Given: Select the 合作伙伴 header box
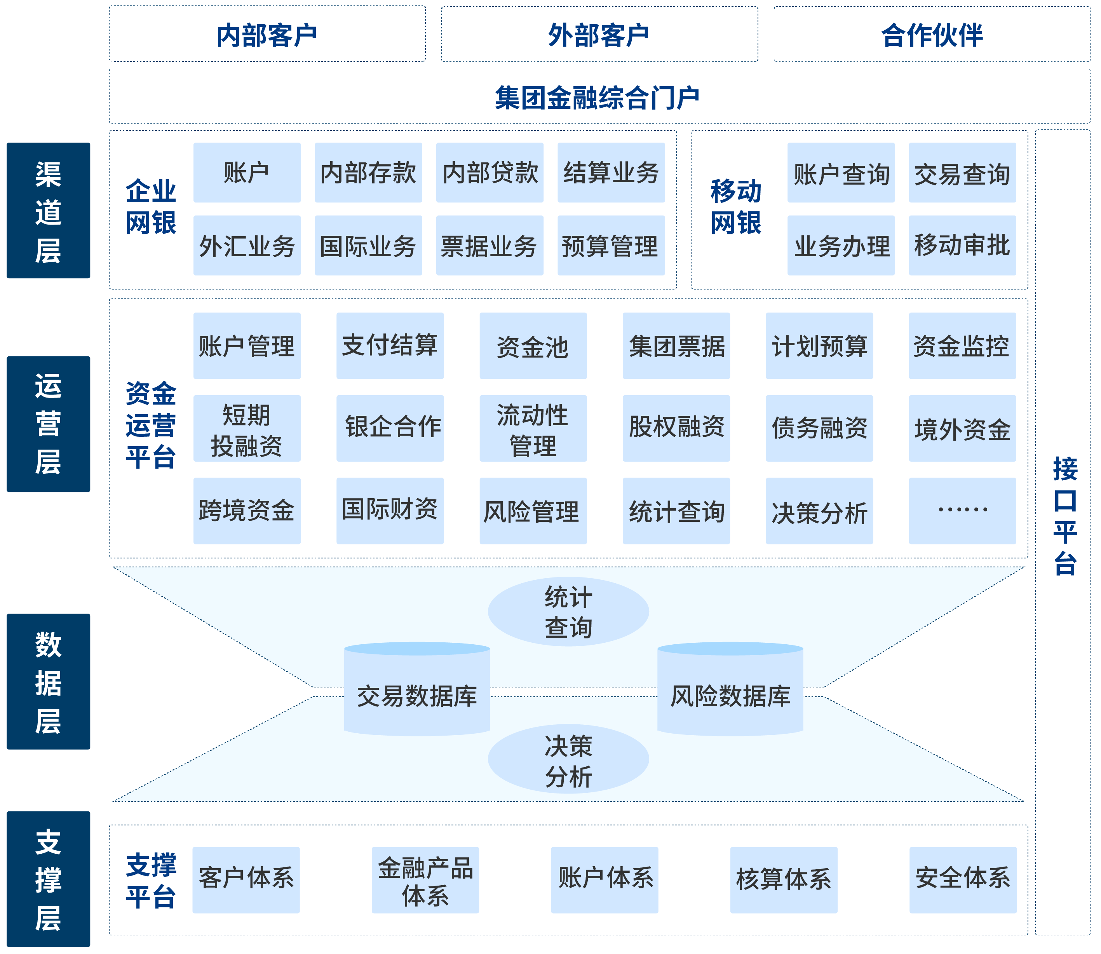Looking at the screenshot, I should tap(931, 35).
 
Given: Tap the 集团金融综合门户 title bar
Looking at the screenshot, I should tap(599, 97).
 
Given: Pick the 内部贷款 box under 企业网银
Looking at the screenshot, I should tap(490, 173).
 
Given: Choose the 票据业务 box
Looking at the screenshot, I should tap(490, 246).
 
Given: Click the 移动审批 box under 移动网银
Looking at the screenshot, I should tap(962, 246).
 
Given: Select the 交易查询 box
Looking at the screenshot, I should tap(962, 173).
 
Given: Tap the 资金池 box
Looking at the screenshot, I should tap(533, 346).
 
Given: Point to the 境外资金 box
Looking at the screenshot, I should tap(962, 429).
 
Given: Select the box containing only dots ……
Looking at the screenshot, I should tap(962, 511).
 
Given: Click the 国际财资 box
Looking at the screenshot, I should tap(390, 511).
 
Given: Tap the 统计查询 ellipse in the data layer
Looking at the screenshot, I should tap(568, 612).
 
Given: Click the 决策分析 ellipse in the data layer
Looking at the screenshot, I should tap(568, 760).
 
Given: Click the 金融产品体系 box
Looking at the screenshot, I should tap(425, 881).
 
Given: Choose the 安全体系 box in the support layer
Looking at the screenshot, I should tap(963, 881).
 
